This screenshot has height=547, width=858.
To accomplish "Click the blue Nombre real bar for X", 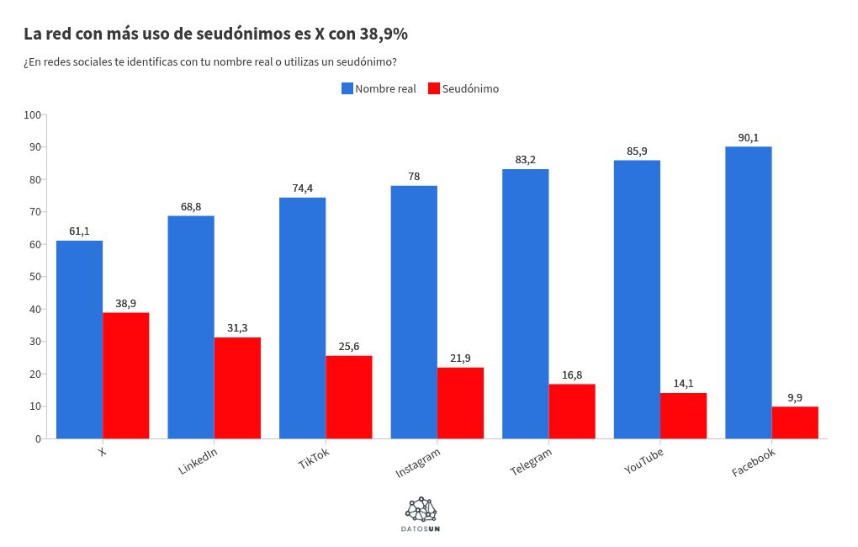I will coord(79,339).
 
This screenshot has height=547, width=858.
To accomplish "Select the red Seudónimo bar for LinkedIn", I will coord(237,388).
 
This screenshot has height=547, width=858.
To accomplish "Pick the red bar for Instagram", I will coord(460,403).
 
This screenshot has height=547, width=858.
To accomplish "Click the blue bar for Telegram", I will coord(525,304).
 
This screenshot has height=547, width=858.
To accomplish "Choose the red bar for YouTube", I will coord(683,416).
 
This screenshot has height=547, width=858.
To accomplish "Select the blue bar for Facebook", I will coord(748,292).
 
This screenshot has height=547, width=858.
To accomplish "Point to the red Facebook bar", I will coord(795,422).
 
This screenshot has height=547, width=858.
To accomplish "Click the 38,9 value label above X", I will coord(126,304).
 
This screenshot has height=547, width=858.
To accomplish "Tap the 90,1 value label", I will coord(748,138).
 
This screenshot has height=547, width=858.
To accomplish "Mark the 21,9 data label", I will coord(460,358).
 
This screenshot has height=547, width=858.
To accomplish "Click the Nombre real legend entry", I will coord(379,88).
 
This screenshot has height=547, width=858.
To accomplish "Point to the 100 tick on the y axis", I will coord(33,114).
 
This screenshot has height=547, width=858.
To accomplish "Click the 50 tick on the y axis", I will coord(35,277).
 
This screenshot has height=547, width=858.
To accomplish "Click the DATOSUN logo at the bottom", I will coord(421,514).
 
